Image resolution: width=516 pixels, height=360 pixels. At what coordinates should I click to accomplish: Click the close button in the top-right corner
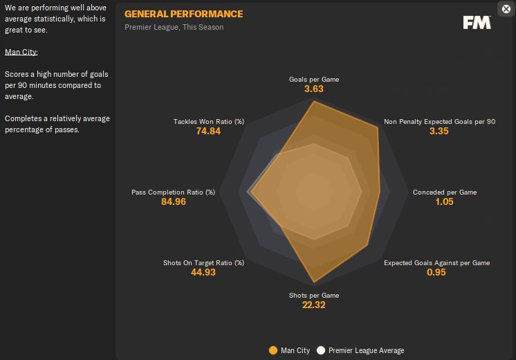506,9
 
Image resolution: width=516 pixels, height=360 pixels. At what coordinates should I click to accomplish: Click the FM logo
477,22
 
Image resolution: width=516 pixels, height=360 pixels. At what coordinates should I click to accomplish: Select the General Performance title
183,14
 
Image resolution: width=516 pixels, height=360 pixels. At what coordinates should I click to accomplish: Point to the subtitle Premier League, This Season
174,27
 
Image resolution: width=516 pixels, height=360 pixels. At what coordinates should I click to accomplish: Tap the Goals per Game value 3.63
314,89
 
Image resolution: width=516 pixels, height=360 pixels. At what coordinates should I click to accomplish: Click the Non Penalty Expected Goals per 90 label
440,122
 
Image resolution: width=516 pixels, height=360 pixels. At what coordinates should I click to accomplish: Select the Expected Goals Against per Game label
436,262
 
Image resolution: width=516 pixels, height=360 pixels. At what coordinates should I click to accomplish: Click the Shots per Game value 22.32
314,305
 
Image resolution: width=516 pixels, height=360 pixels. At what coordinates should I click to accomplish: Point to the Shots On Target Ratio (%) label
204,262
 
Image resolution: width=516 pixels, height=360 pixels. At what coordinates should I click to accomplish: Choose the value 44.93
204,272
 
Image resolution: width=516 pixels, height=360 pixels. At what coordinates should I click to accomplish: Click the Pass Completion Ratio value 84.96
173,201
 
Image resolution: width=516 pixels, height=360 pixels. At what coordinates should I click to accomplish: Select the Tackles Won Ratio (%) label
209,122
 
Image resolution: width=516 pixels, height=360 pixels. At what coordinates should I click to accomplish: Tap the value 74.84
209,132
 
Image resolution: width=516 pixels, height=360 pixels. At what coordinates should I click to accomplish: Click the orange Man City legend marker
273,350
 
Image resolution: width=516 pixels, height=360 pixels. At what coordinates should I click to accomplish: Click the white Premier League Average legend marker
321,350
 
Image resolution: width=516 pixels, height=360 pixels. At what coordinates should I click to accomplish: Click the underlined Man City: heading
21,52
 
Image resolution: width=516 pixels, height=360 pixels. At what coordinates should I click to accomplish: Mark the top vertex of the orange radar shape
314,102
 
